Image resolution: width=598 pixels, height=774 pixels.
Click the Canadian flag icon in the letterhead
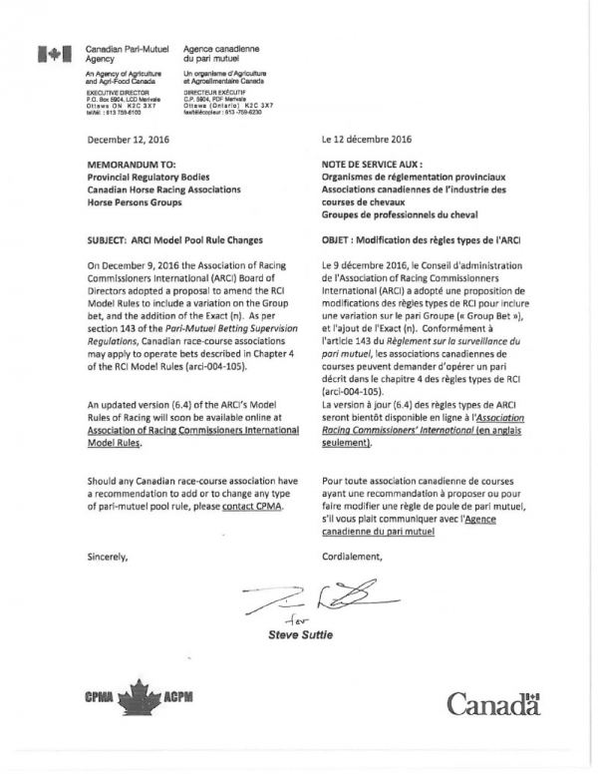[x=49, y=55]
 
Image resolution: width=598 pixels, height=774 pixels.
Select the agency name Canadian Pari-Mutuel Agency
[x=122, y=54]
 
